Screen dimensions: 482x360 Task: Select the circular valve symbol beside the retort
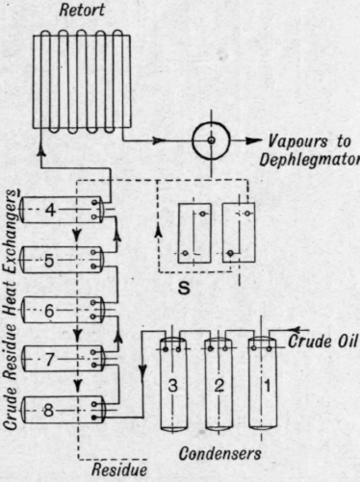coord(208,142)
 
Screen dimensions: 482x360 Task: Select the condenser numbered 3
coord(173,385)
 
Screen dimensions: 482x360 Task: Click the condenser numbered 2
coord(219,385)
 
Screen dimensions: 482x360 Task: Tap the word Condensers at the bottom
coord(220,451)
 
